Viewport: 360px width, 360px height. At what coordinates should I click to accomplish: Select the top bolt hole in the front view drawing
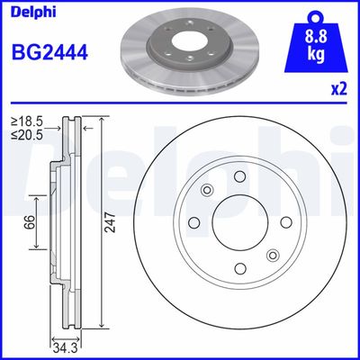coord(241,176)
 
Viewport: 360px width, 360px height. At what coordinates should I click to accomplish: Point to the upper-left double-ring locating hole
coord(206,190)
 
